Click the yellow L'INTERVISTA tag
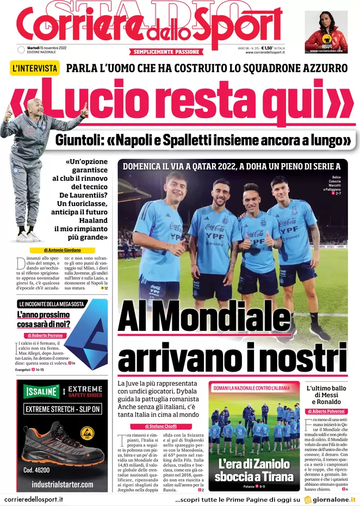tap(35, 68)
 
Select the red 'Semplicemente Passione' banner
tap(167, 52)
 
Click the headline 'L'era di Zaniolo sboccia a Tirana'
tap(254, 471)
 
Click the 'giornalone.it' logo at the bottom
tap(330, 499)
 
